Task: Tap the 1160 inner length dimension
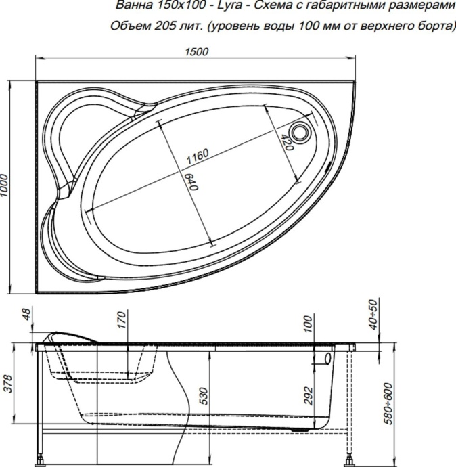tap(197, 156)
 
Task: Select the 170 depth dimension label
tap(122, 319)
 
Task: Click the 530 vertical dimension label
tap(204, 396)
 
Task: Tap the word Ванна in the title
tap(133, 7)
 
